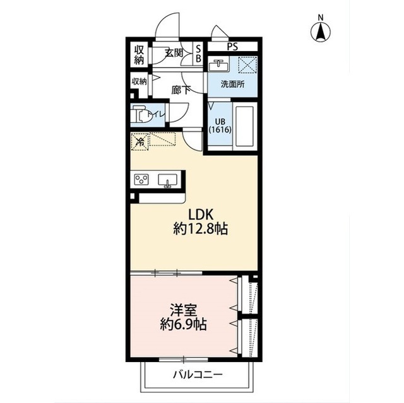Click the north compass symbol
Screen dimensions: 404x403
pyautogui.click(x=320, y=30)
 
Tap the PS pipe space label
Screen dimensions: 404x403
pyautogui.click(x=232, y=47)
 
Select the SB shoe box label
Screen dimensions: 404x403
pyautogui.click(x=198, y=54)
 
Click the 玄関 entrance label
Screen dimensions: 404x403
pyautogui.click(x=174, y=53)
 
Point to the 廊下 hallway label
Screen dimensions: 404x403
pyautogui.click(x=181, y=90)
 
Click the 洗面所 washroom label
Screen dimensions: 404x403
pyautogui.click(x=232, y=84)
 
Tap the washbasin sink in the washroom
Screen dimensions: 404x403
pyautogui.click(x=219, y=66)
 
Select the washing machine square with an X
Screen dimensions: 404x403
pyautogui.click(x=247, y=64)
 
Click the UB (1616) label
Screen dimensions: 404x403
pyautogui.click(x=220, y=126)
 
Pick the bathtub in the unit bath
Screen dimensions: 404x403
pyautogui.click(x=244, y=126)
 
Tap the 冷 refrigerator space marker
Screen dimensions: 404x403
pyautogui.click(x=140, y=141)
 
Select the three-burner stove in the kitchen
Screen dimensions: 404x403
pyautogui.click(x=141, y=179)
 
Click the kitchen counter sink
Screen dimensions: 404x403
pyautogui.click(x=167, y=180)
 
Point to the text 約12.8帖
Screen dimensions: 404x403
pyautogui.click(x=201, y=229)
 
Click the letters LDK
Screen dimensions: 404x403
pyautogui.click(x=201, y=214)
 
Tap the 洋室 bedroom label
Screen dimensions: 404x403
pyautogui.click(x=184, y=310)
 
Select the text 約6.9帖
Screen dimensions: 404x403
pyautogui.click(x=184, y=325)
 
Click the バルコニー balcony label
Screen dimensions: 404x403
pyautogui.click(x=198, y=374)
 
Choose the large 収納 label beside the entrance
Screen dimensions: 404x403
pyautogui.click(x=139, y=55)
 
